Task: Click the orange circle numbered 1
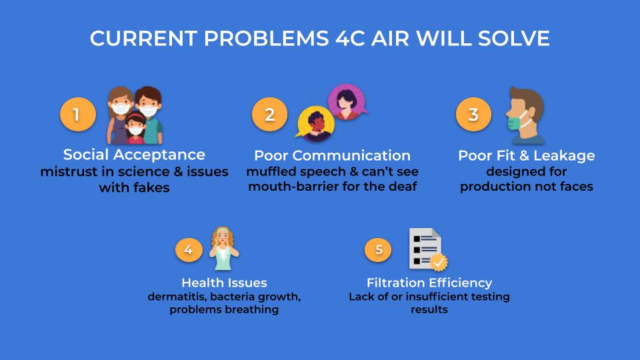point(77,114)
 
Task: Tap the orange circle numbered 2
point(269,114)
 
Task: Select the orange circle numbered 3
point(473,114)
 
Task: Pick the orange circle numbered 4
point(189,249)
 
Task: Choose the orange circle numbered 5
point(379,249)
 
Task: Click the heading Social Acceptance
point(134,155)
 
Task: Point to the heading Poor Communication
point(332,155)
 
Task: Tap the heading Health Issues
point(224,283)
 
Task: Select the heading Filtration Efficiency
point(429,283)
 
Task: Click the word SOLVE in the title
point(513,39)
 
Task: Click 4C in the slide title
point(350,39)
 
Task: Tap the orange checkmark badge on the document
point(439,263)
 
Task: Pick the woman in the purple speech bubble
point(347,102)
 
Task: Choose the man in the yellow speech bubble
point(315,124)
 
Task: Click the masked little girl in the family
point(135,127)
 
